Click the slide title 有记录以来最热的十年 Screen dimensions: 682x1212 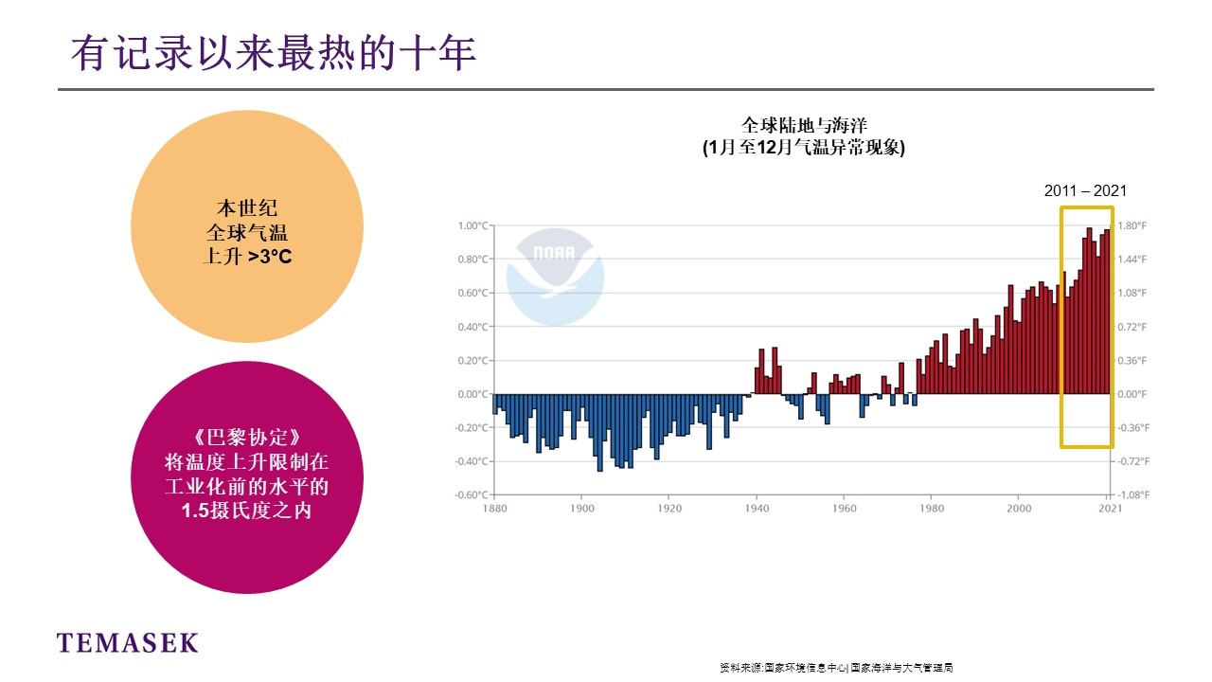click(274, 54)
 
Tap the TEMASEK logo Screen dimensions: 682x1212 click(128, 643)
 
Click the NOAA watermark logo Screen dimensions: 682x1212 click(554, 275)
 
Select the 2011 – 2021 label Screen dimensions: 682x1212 click(1085, 190)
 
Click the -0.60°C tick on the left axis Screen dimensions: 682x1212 click(471, 495)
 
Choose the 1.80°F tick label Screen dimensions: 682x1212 click(1132, 225)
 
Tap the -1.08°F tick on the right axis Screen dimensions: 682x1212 click(1132, 495)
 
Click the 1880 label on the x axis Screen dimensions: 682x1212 click(493, 509)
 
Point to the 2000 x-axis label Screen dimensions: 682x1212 click(1018, 509)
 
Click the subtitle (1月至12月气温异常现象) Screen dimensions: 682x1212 click(804, 148)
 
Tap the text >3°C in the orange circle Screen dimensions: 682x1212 click(270, 256)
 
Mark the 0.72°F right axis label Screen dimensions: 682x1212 click(1132, 327)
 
